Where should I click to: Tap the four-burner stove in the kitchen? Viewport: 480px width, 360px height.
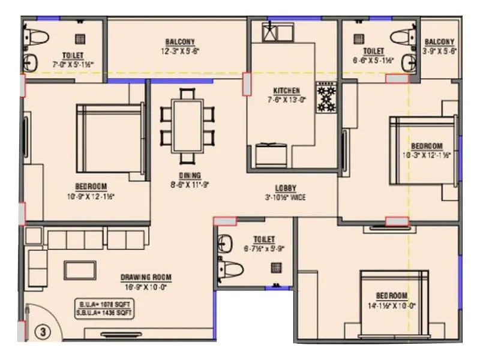click(327, 97)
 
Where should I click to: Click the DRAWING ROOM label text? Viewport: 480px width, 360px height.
click(146, 277)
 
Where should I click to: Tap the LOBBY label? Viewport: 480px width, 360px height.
click(286, 187)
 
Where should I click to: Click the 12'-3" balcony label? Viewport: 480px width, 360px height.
click(180, 46)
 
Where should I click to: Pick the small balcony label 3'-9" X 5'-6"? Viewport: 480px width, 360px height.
click(441, 47)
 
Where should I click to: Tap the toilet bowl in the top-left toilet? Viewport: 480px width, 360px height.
click(37, 37)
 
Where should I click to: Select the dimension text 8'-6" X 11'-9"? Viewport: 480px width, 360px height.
click(189, 185)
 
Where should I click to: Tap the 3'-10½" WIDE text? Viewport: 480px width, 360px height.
click(286, 196)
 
